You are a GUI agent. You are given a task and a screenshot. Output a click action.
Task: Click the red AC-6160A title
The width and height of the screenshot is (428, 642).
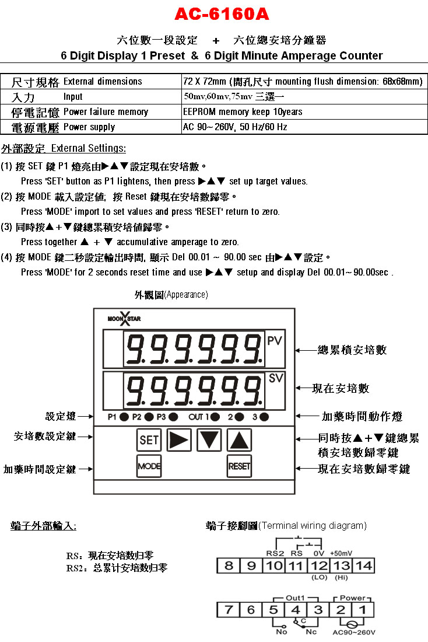tap(222, 15)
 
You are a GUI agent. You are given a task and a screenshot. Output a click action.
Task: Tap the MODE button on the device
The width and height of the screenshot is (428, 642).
tap(149, 466)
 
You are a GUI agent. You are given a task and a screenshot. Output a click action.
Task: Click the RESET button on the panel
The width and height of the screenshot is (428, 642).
tap(240, 466)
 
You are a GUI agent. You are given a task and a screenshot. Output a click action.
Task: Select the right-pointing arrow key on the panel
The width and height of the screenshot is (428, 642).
tap(179, 440)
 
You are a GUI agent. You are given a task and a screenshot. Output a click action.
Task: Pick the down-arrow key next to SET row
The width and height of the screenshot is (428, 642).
tap(209, 440)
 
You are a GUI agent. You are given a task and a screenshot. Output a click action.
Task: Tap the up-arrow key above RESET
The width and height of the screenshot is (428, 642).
tap(240, 440)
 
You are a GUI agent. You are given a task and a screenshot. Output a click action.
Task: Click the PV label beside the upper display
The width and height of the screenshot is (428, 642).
tap(275, 341)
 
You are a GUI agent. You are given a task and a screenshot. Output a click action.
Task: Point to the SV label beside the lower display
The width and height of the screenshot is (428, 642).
tap(276, 378)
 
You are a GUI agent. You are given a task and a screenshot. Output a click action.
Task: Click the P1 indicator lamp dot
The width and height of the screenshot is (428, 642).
tap(124, 417)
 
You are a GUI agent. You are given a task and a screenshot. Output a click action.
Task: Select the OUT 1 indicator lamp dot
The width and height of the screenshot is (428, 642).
tap(215, 417)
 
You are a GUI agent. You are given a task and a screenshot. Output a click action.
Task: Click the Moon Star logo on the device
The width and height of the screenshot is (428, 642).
tap(124, 319)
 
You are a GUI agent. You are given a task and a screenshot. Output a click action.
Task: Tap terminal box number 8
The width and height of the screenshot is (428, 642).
tap(229, 566)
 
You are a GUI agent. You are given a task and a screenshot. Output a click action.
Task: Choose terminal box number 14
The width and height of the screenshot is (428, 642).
tap(363, 566)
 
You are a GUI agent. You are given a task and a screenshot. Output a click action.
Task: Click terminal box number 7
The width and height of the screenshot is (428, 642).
tap(229, 610)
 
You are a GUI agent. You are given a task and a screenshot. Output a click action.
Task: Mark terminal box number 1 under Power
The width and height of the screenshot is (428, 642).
tap(363, 610)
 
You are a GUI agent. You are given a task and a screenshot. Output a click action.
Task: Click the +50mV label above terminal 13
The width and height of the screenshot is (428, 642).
tap(341, 553)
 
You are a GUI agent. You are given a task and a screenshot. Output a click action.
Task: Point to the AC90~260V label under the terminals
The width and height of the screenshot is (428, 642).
tap(353, 633)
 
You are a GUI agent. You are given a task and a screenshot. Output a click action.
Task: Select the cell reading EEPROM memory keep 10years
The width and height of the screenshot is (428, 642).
tap(243, 112)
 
